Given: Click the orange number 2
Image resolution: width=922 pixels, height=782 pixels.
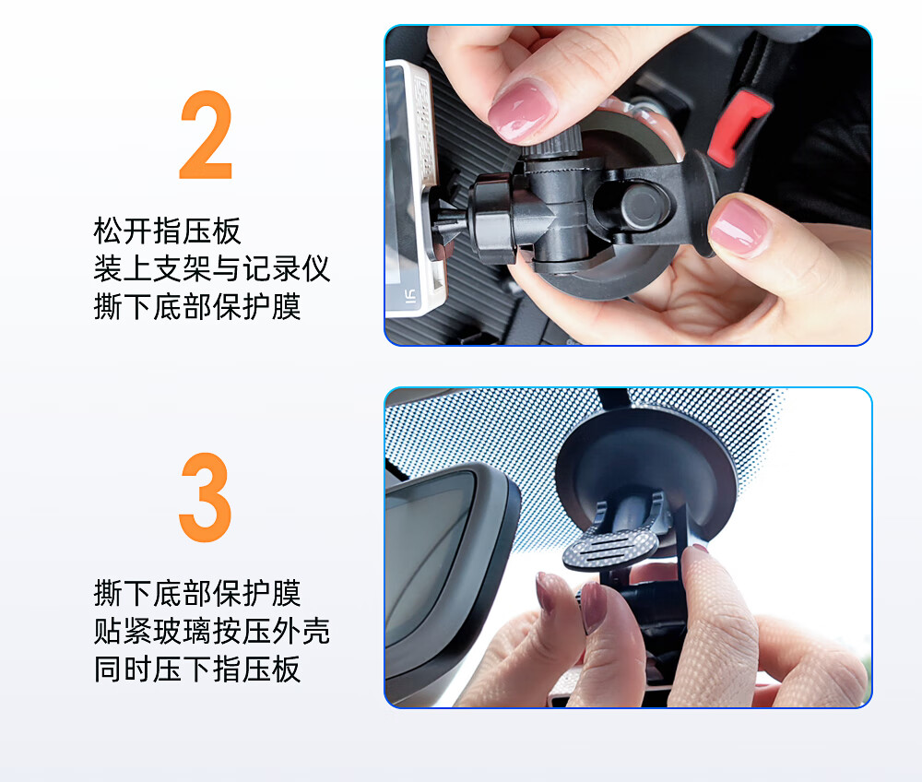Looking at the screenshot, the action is [207, 136].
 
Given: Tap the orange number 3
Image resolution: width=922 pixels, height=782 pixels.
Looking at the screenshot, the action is [206, 497].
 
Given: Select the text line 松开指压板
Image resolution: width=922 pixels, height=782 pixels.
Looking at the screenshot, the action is [168, 231].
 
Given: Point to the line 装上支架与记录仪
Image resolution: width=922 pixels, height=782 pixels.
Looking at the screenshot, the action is [212, 268].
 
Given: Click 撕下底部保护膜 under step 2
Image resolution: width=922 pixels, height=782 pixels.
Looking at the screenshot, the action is [197, 307].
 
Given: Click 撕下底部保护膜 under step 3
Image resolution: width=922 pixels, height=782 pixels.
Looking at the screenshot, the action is [197, 593].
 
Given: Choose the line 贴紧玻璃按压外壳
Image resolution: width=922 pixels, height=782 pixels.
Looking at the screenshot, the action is [212, 631].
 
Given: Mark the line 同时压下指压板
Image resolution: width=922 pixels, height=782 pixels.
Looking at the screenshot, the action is [197, 669].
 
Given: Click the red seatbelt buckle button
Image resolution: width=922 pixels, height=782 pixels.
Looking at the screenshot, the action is [738, 126].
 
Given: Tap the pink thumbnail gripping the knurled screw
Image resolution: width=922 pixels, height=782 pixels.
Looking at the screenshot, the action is [522, 112].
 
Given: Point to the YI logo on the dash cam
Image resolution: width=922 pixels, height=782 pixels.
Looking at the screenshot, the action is [411, 297].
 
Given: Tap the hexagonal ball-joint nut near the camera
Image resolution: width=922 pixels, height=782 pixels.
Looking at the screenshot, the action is [491, 219].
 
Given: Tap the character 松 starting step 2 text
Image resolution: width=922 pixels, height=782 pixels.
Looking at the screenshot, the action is [108, 231].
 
